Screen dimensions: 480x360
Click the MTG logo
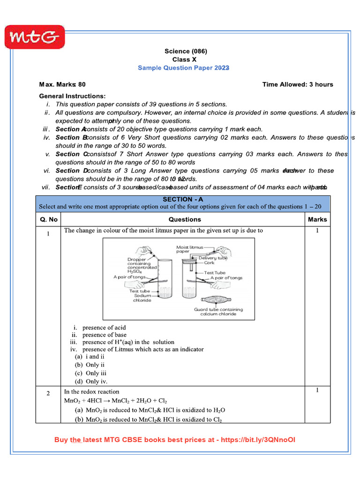pos(34,37)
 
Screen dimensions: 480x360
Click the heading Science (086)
pos(186,51)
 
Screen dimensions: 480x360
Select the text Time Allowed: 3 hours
pos(298,84)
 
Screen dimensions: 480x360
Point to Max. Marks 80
pos(62,84)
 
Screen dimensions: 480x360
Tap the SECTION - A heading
pos(183,199)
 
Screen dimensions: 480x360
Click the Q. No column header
pos(48,219)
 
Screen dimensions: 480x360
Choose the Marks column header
pos(317,219)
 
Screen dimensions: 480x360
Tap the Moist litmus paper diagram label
pos(189,249)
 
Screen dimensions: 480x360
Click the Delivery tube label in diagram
pos(213,258)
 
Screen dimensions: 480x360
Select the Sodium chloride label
pos(142,298)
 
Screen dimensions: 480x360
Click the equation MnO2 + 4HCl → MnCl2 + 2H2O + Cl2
pos(115,401)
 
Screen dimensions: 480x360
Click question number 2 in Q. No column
pos(48,393)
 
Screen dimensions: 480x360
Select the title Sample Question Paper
pos(183,68)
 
